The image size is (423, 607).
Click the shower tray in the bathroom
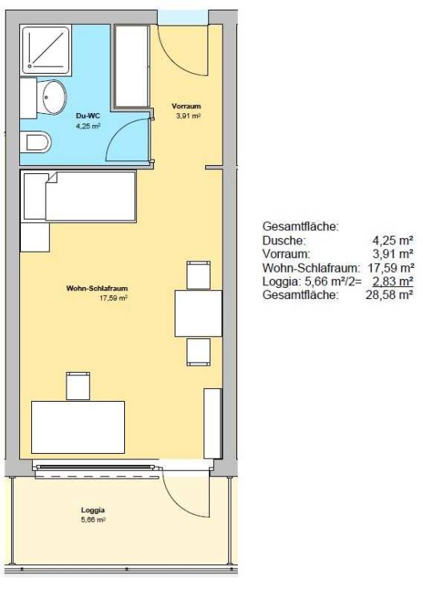46,49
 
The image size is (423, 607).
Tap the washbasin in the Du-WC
53,97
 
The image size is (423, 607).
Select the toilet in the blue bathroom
37,142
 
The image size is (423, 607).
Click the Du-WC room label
88,115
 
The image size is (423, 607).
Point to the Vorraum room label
187,106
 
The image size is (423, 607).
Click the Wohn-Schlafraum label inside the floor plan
97,289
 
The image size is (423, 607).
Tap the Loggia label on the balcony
93,510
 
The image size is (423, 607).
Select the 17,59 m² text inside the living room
114,298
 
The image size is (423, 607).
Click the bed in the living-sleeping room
79,196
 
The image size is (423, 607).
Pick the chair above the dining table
199,275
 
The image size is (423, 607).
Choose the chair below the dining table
199,352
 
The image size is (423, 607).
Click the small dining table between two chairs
199,314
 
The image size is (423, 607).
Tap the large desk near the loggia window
78,427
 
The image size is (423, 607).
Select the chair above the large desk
78,386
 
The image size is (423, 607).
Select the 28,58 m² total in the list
389,295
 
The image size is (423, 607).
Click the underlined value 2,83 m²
393,281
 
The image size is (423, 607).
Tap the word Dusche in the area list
284,241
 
